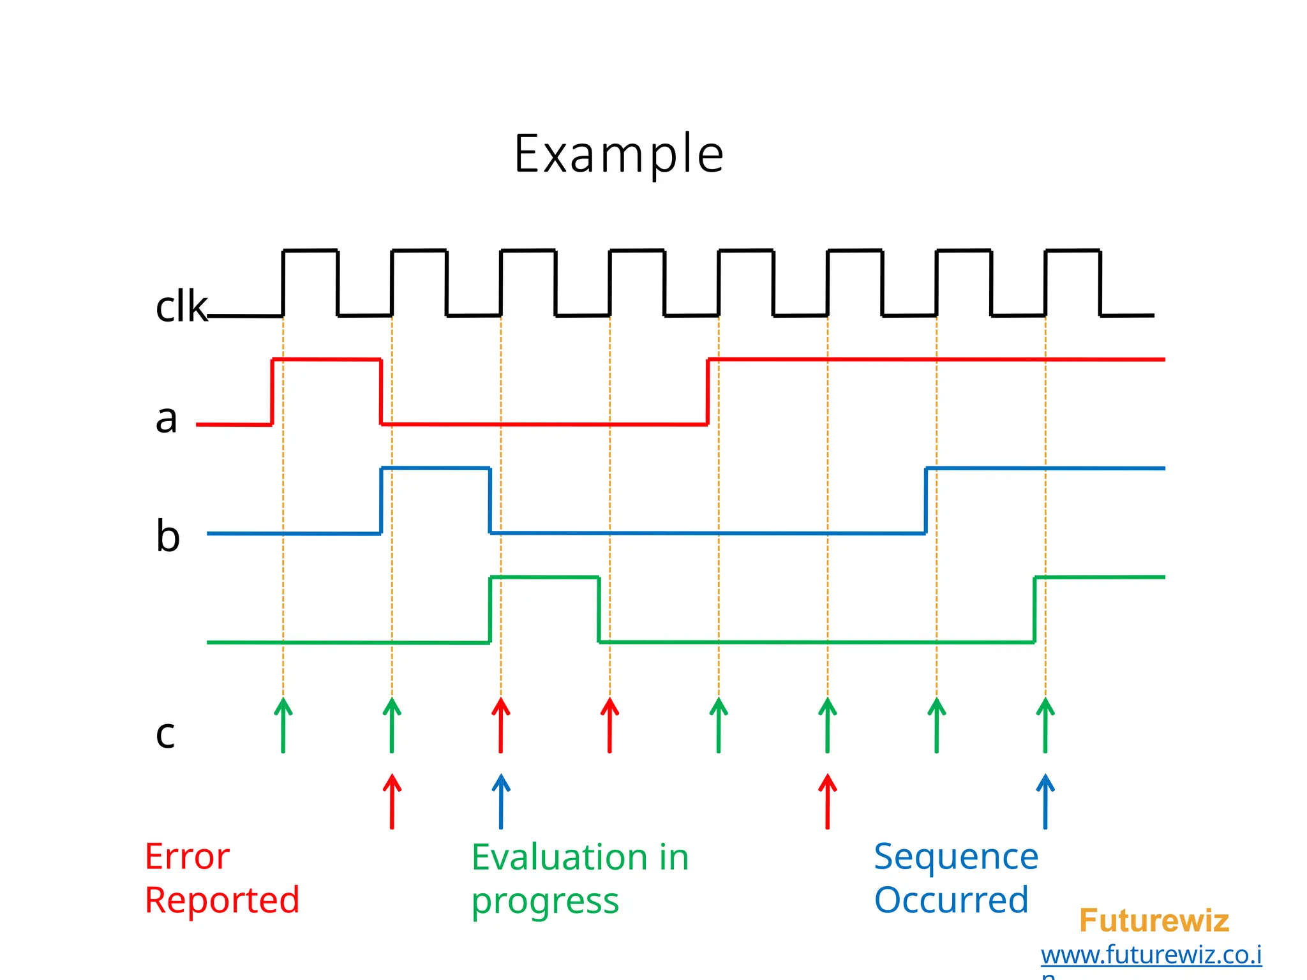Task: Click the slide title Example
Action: [x=618, y=154]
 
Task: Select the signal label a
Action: [x=166, y=419]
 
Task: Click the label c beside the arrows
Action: [x=165, y=734]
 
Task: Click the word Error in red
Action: [x=186, y=857]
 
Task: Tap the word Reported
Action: [x=221, y=900]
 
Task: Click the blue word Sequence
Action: [x=955, y=857]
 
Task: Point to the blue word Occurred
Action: [x=950, y=900]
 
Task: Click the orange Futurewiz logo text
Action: [x=1153, y=921]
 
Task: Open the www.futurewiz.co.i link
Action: [x=1151, y=955]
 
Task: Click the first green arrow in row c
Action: [x=283, y=725]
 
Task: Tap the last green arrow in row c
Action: [x=1045, y=725]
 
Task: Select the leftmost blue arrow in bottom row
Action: [x=501, y=801]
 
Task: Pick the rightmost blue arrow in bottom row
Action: [x=1045, y=801]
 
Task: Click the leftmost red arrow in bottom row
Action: [x=392, y=801]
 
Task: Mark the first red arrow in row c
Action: [x=501, y=725]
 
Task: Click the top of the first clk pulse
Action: [x=310, y=251]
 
